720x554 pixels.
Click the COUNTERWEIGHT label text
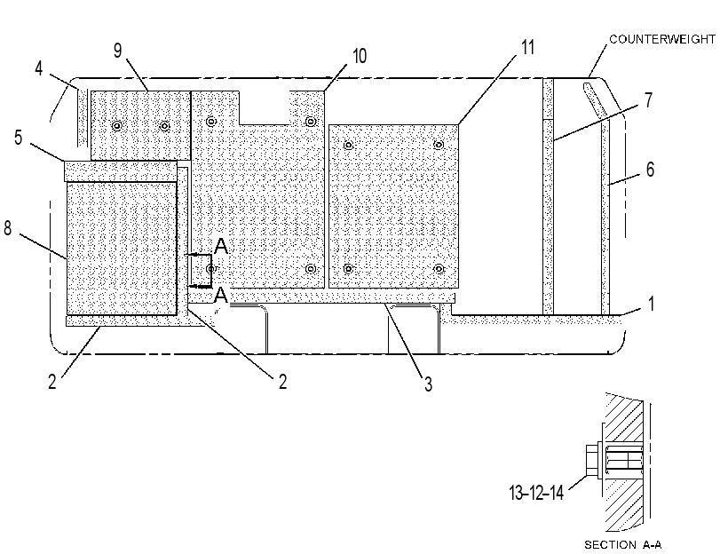coord(662,39)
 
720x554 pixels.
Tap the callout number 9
coord(118,50)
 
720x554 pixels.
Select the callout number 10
coord(360,56)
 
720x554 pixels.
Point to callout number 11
coord(527,47)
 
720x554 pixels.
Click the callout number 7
coord(648,100)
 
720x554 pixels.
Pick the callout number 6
coord(650,170)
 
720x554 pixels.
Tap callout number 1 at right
coord(651,304)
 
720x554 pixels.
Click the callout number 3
coord(428,384)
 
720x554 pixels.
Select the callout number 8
coord(8,228)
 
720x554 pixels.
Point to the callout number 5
coord(18,138)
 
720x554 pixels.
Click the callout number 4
coord(38,68)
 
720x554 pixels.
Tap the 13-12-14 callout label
coord(536,493)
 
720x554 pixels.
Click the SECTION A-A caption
coord(622,545)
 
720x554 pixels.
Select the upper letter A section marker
coord(221,246)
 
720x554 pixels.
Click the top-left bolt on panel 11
coord(349,146)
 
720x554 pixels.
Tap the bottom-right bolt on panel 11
coord(439,268)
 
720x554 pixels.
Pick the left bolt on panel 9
coord(117,125)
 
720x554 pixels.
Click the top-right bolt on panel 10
coord(311,122)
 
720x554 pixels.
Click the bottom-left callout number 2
coord(52,381)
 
